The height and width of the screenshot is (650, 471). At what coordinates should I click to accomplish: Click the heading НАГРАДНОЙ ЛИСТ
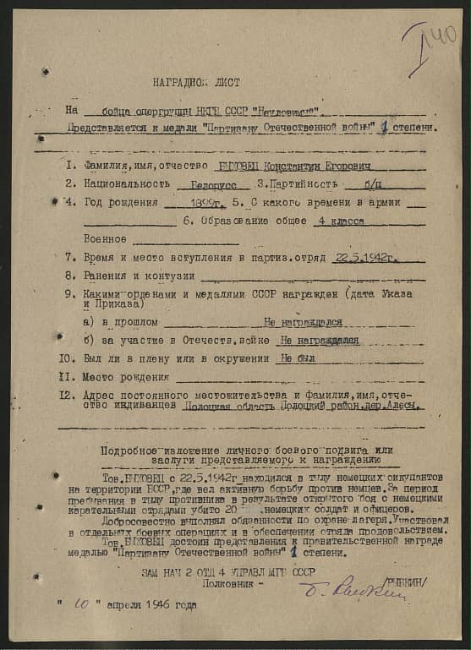[196, 83]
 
